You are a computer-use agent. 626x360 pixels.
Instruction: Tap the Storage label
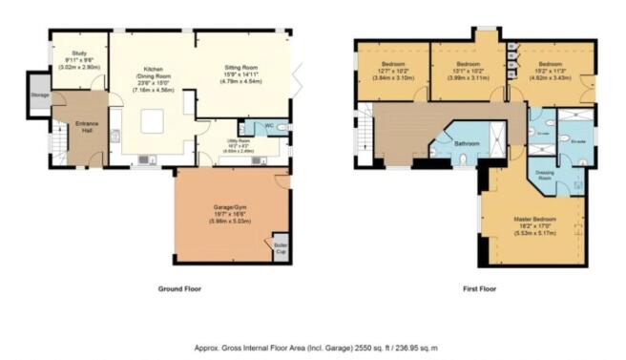pyautogui.click(x=39, y=95)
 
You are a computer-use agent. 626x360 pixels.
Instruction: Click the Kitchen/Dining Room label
pyautogui.click(x=152, y=78)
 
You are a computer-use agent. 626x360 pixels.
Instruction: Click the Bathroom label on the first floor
pyautogui.click(x=467, y=144)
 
